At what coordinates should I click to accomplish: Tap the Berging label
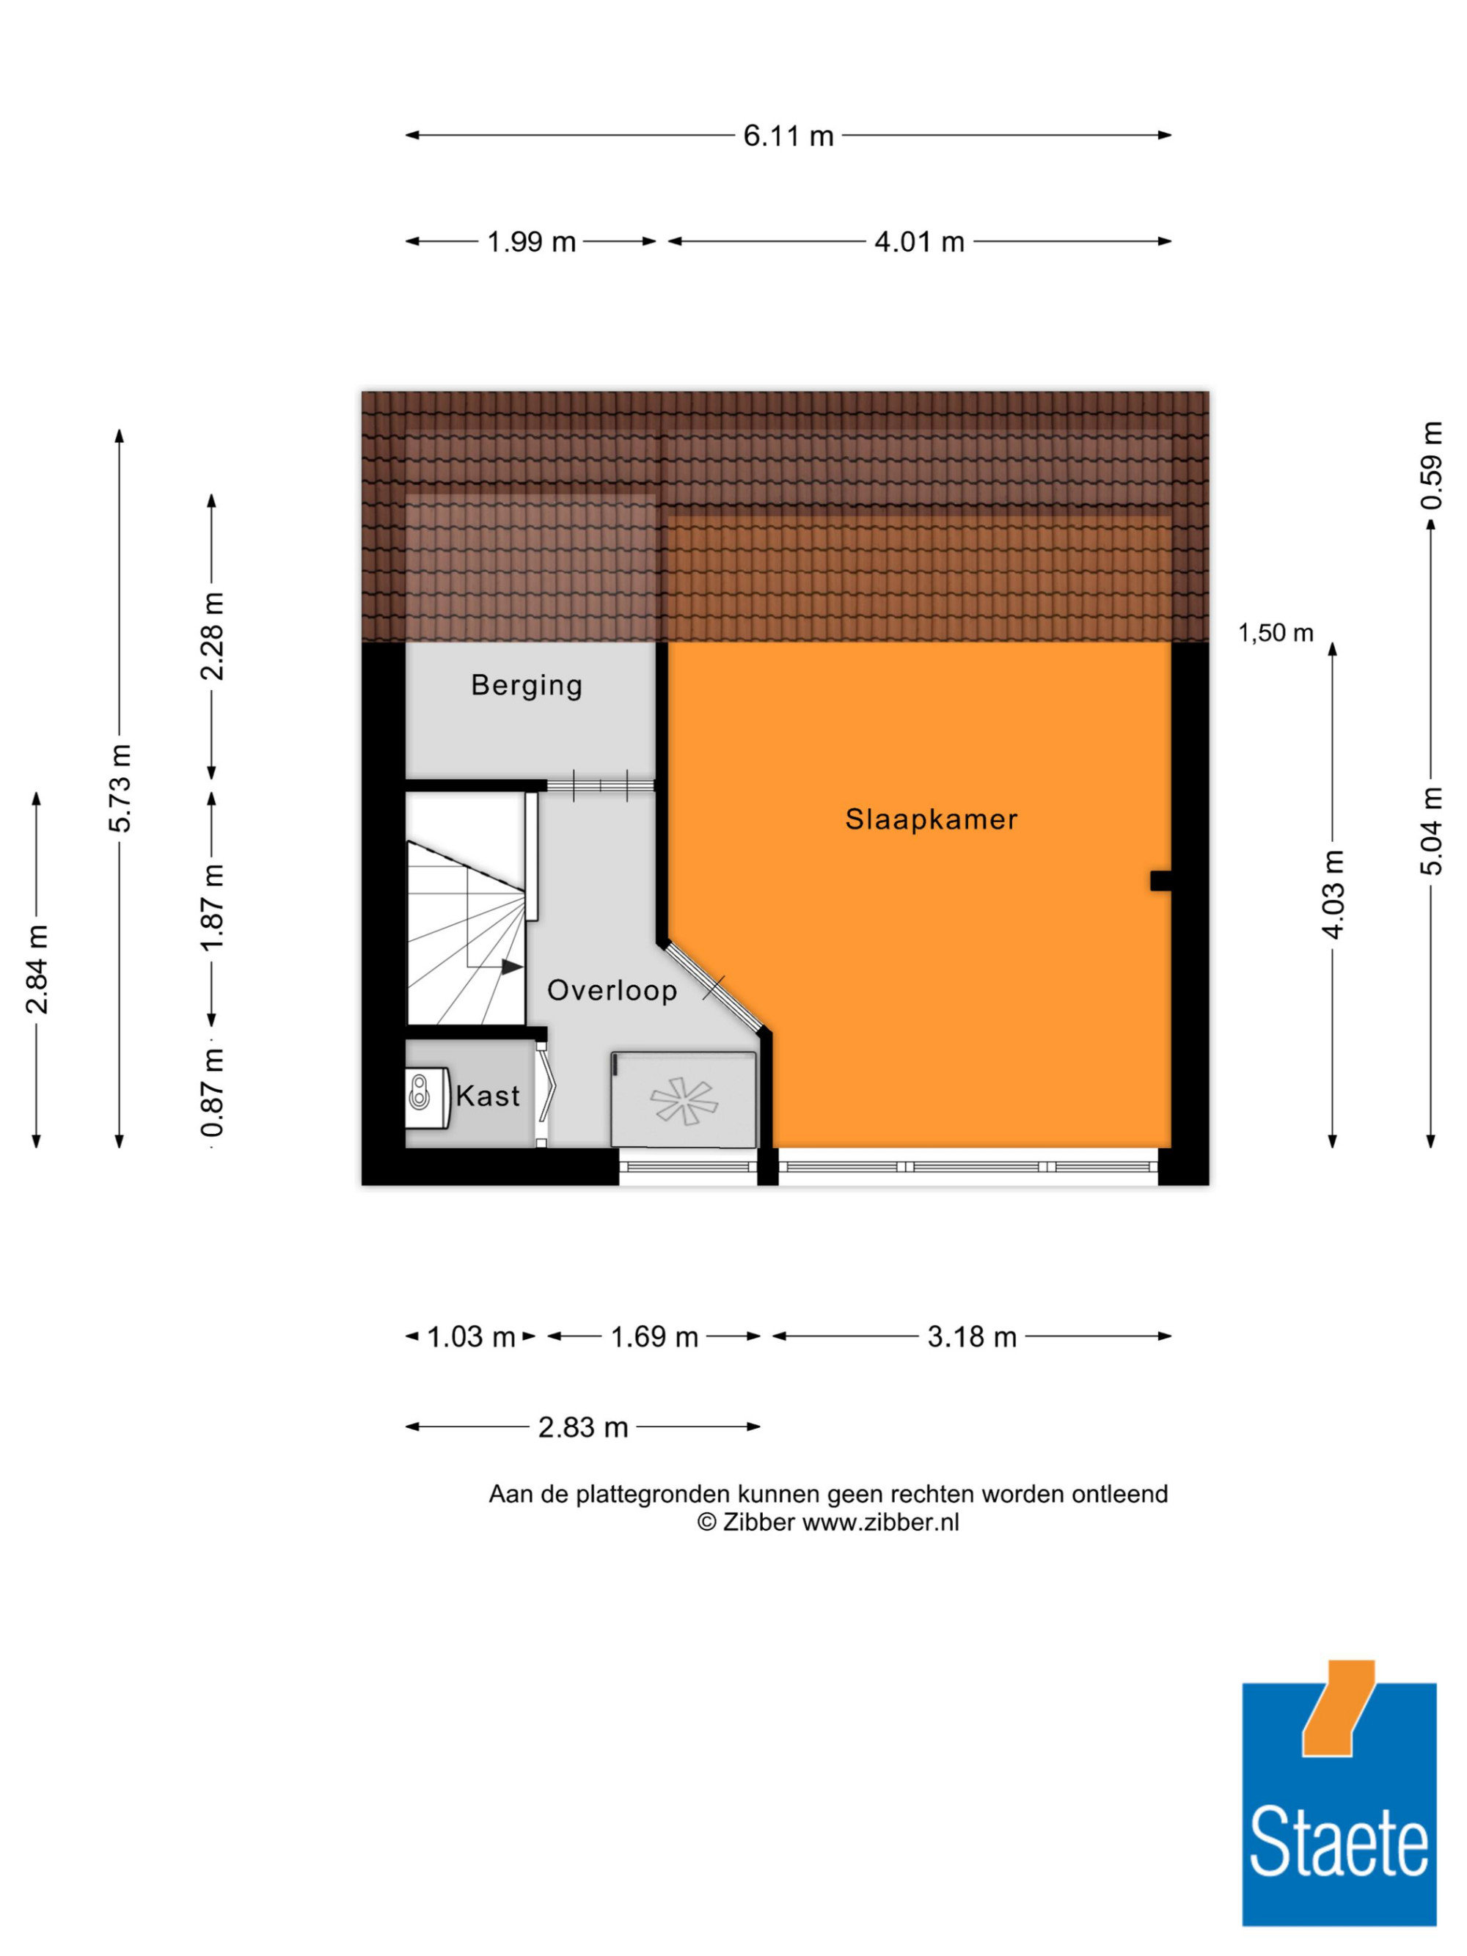[526, 685]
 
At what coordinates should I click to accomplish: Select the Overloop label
[612, 990]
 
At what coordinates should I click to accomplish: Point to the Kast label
[487, 1096]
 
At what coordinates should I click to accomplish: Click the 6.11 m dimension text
[788, 135]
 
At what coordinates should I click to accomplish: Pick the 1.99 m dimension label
[532, 241]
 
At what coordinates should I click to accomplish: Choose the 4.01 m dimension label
[920, 241]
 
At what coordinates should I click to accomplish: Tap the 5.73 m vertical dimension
[120, 788]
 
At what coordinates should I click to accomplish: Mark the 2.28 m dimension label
[212, 636]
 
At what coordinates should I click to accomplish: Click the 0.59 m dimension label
[1432, 465]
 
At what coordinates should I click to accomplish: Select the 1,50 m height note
[1275, 632]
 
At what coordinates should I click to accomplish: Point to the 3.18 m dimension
[972, 1336]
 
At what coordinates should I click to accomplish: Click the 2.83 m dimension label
[582, 1426]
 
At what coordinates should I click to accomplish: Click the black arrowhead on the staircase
[512, 967]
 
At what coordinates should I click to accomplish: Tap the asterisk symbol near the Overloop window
[684, 1100]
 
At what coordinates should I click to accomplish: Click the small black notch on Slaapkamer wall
[1160, 881]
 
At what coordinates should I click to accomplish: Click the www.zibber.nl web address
[880, 1522]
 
